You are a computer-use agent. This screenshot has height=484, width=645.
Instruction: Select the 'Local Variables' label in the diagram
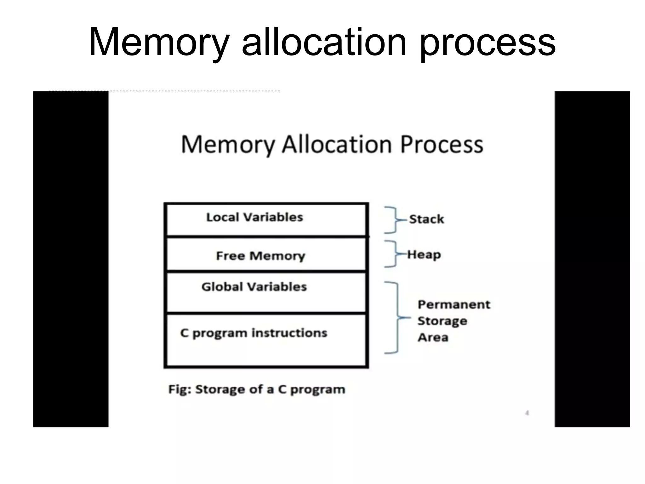254,217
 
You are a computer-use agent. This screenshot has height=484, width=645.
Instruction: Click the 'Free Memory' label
260,256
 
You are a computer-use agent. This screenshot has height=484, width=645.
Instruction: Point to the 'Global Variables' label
254,287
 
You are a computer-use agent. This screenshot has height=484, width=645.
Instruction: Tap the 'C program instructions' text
254,333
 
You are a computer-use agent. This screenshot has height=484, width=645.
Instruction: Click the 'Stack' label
426,219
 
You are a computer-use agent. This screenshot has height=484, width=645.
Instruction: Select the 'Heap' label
424,255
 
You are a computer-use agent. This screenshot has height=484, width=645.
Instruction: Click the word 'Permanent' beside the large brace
454,304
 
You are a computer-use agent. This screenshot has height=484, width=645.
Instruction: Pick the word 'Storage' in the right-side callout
442,321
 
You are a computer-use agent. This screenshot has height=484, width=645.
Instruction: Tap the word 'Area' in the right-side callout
433,337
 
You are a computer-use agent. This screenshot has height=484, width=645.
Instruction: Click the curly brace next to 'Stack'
392,220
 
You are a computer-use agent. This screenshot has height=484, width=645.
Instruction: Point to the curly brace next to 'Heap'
392,254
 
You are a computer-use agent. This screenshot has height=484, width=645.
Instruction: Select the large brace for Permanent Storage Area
395,318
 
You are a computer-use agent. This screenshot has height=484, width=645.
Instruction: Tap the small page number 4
527,413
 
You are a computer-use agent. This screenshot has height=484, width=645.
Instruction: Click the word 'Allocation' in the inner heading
337,145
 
